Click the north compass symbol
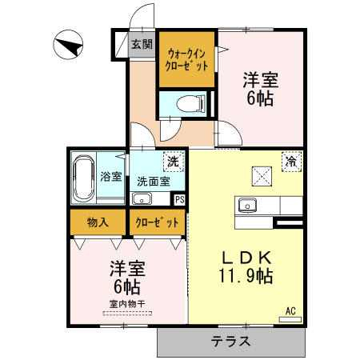point(68,45)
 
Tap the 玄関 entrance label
point(142,44)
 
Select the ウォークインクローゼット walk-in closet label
point(186,60)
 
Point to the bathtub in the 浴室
point(84,178)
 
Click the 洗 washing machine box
point(174,162)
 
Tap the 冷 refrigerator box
point(292,162)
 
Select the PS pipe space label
point(180,200)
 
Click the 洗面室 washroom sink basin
point(142,198)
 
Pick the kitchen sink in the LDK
point(247,206)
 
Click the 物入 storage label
point(98,222)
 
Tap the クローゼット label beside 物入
point(158,222)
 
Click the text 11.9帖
point(246,276)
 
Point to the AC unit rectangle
point(290,319)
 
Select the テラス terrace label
point(231,341)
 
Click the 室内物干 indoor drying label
point(127,304)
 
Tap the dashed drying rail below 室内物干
point(127,314)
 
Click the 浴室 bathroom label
point(111,176)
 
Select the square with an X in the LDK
point(262,176)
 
